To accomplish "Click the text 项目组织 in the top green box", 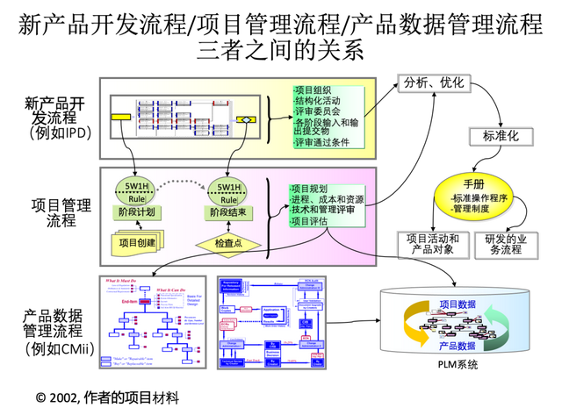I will point(313,89).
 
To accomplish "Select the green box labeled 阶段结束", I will point(227,212).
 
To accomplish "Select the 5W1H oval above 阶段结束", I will point(227,191).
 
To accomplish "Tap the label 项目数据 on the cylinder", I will point(458,305).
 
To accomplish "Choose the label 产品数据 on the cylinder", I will point(458,346).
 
